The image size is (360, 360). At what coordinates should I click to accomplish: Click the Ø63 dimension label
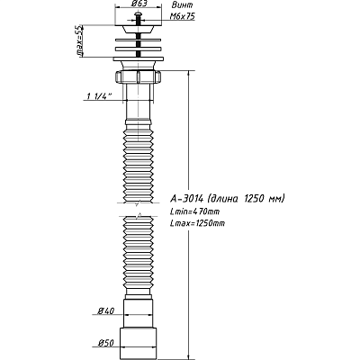pos(139,4)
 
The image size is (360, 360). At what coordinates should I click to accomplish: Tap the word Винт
pos(183,5)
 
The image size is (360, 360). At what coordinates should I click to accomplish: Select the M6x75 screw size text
pos(183,16)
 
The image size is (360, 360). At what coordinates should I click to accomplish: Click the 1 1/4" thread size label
pos(99,96)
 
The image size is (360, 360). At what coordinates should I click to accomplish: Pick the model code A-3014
pos(187,199)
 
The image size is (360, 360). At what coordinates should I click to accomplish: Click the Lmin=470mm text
pos(194,211)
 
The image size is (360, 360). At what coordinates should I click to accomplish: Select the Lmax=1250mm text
pos(197,223)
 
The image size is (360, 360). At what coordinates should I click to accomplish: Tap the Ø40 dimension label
pos(106,311)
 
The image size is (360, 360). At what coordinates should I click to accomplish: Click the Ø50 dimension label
pos(106,343)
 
